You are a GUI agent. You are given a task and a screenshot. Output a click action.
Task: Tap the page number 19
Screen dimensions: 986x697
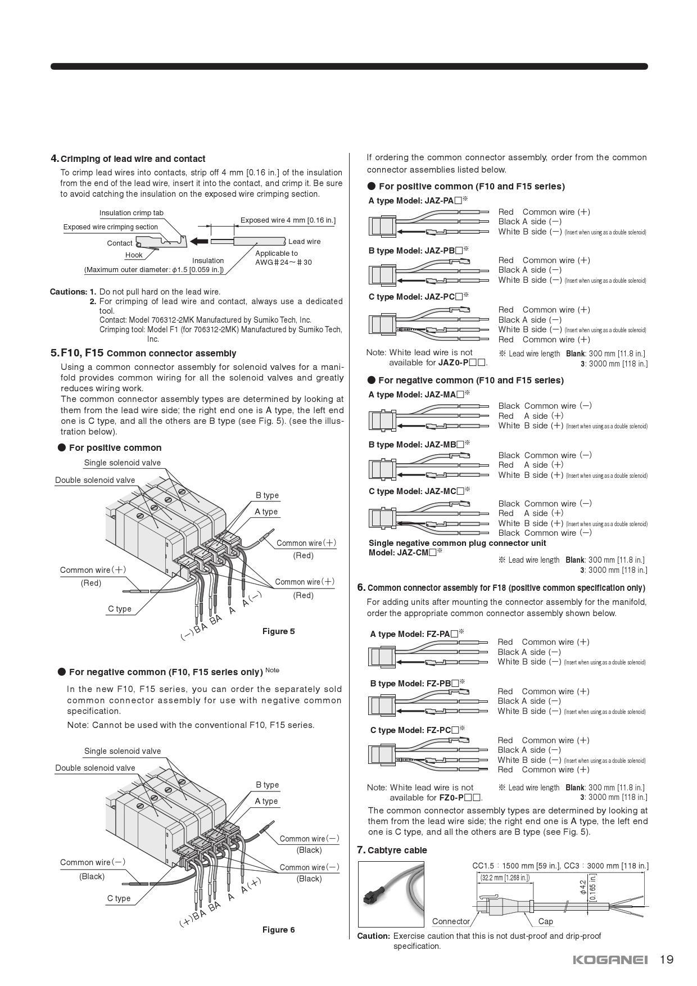tap(667, 960)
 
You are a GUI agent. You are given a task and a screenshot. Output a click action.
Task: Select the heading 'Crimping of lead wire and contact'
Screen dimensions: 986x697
tap(133, 159)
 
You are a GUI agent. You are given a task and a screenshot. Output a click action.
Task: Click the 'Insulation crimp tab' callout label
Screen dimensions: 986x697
tap(132, 213)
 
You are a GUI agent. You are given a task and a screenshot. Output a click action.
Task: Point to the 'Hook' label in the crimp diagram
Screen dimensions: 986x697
tap(134, 255)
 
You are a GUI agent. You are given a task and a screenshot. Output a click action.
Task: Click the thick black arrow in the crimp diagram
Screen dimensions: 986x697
tap(198, 242)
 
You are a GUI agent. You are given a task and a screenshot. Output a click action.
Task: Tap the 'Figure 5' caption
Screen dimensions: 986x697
tap(278, 631)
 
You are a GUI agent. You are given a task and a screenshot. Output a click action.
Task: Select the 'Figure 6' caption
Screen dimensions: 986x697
tap(278, 930)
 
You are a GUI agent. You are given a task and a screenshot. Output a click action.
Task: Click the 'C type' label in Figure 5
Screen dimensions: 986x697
tap(120, 609)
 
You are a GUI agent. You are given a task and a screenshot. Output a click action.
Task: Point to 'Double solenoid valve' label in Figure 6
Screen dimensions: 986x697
tap(95, 768)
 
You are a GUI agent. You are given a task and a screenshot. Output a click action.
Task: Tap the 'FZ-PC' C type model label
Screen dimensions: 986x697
tap(417, 730)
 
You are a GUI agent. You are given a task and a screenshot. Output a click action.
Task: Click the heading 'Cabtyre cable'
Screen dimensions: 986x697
tap(397, 850)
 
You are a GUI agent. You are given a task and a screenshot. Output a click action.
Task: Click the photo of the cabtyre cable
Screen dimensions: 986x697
tap(391, 894)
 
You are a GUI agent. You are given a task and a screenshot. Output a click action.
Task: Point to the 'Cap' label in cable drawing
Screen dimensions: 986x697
tap(545, 921)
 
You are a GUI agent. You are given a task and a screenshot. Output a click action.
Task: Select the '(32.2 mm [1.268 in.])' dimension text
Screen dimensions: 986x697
tap(505, 878)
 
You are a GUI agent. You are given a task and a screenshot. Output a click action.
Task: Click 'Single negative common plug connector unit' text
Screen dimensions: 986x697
tap(457, 543)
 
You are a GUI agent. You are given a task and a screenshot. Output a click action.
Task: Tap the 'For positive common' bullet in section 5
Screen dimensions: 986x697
tap(115, 448)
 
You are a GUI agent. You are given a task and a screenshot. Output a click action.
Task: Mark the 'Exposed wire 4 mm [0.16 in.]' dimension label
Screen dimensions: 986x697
tap(288, 220)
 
